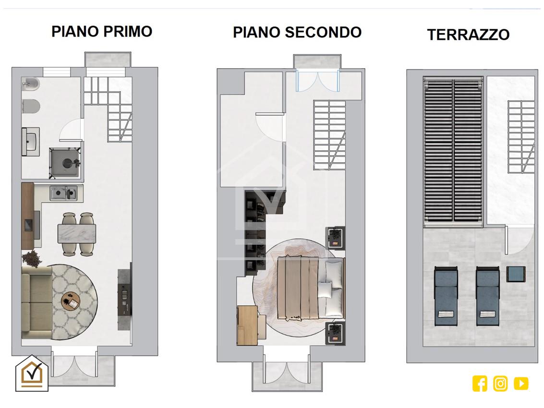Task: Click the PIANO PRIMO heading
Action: [102, 32]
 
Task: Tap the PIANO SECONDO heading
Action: [297, 32]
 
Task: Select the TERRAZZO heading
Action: [468, 35]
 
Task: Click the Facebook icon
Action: [480, 384]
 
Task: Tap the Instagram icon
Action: [500, 384]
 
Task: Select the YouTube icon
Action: [521, 384]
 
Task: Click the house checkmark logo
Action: [32, 373]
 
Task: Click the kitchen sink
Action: [63, 193]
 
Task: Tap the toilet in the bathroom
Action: [31, 106]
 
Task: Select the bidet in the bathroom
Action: [31, 84]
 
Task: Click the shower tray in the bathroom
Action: [65, 163]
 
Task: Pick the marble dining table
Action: [77, 233]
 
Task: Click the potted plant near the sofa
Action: [32, 258]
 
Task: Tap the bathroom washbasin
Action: [31, 142]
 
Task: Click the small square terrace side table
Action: [516, 274]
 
